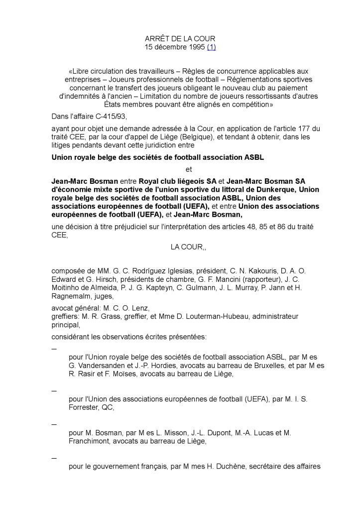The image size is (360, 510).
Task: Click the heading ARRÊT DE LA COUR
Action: click(180, 39)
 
